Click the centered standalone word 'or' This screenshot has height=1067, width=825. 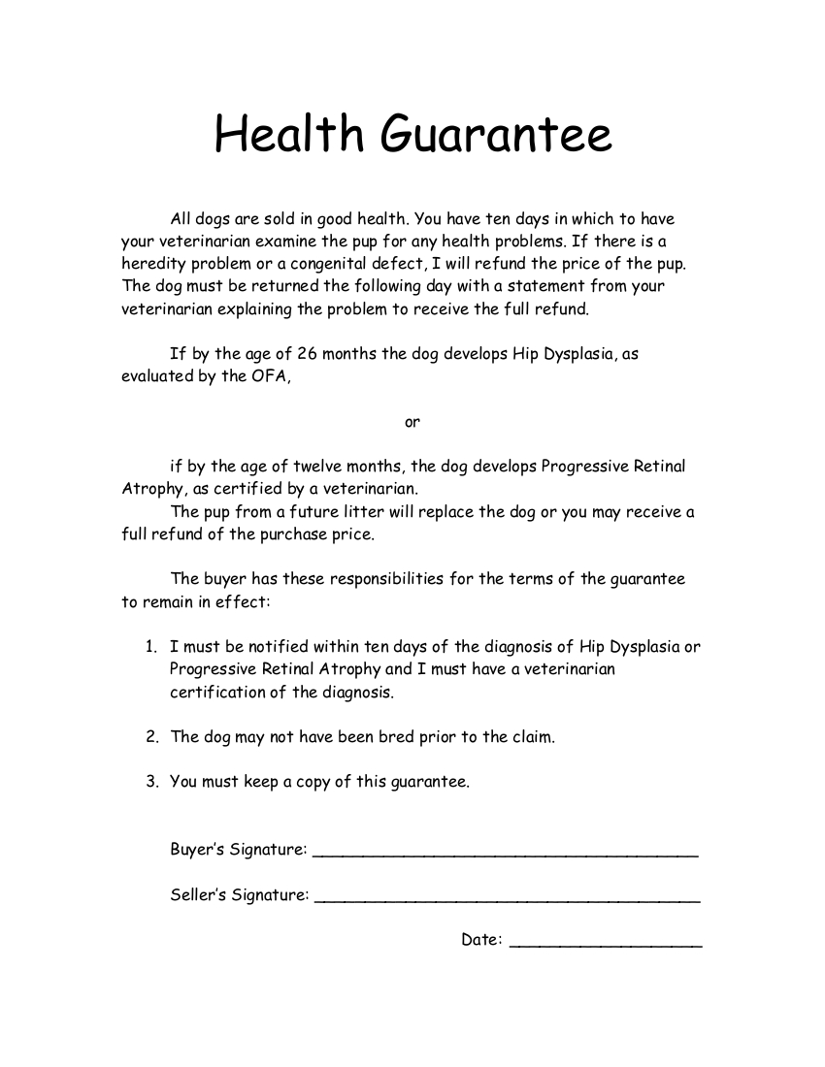[x=412, y=422]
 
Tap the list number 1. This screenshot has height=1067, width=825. [x=150, y=647]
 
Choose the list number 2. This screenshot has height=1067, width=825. [x=151, y=737]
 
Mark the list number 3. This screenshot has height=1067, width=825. [x=151, y=782]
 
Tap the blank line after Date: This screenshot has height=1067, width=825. [x=606, y=943]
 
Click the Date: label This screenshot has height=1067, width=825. [x=481, y=939]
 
